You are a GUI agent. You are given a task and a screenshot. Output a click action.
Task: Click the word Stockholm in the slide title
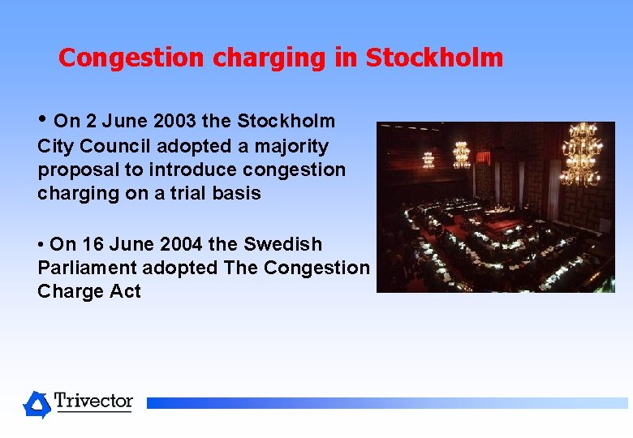click(x=434, y=58)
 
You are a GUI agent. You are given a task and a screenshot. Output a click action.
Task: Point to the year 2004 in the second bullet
click(x=177, y=244)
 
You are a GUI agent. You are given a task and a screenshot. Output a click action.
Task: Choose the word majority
click(x=290, y=146)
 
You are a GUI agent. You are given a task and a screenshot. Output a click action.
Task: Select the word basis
click(x=236, y=193)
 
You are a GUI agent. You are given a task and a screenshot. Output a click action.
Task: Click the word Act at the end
click(x=126, y=291)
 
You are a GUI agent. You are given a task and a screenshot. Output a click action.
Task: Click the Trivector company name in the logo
click(x=93, y=401)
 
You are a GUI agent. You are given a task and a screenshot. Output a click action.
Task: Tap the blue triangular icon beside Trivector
click(x=37, y=404)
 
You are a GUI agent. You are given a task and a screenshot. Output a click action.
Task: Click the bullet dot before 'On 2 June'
click(x=42, y=120)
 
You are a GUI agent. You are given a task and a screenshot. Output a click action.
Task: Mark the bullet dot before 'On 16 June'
click(x=41, y=244)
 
